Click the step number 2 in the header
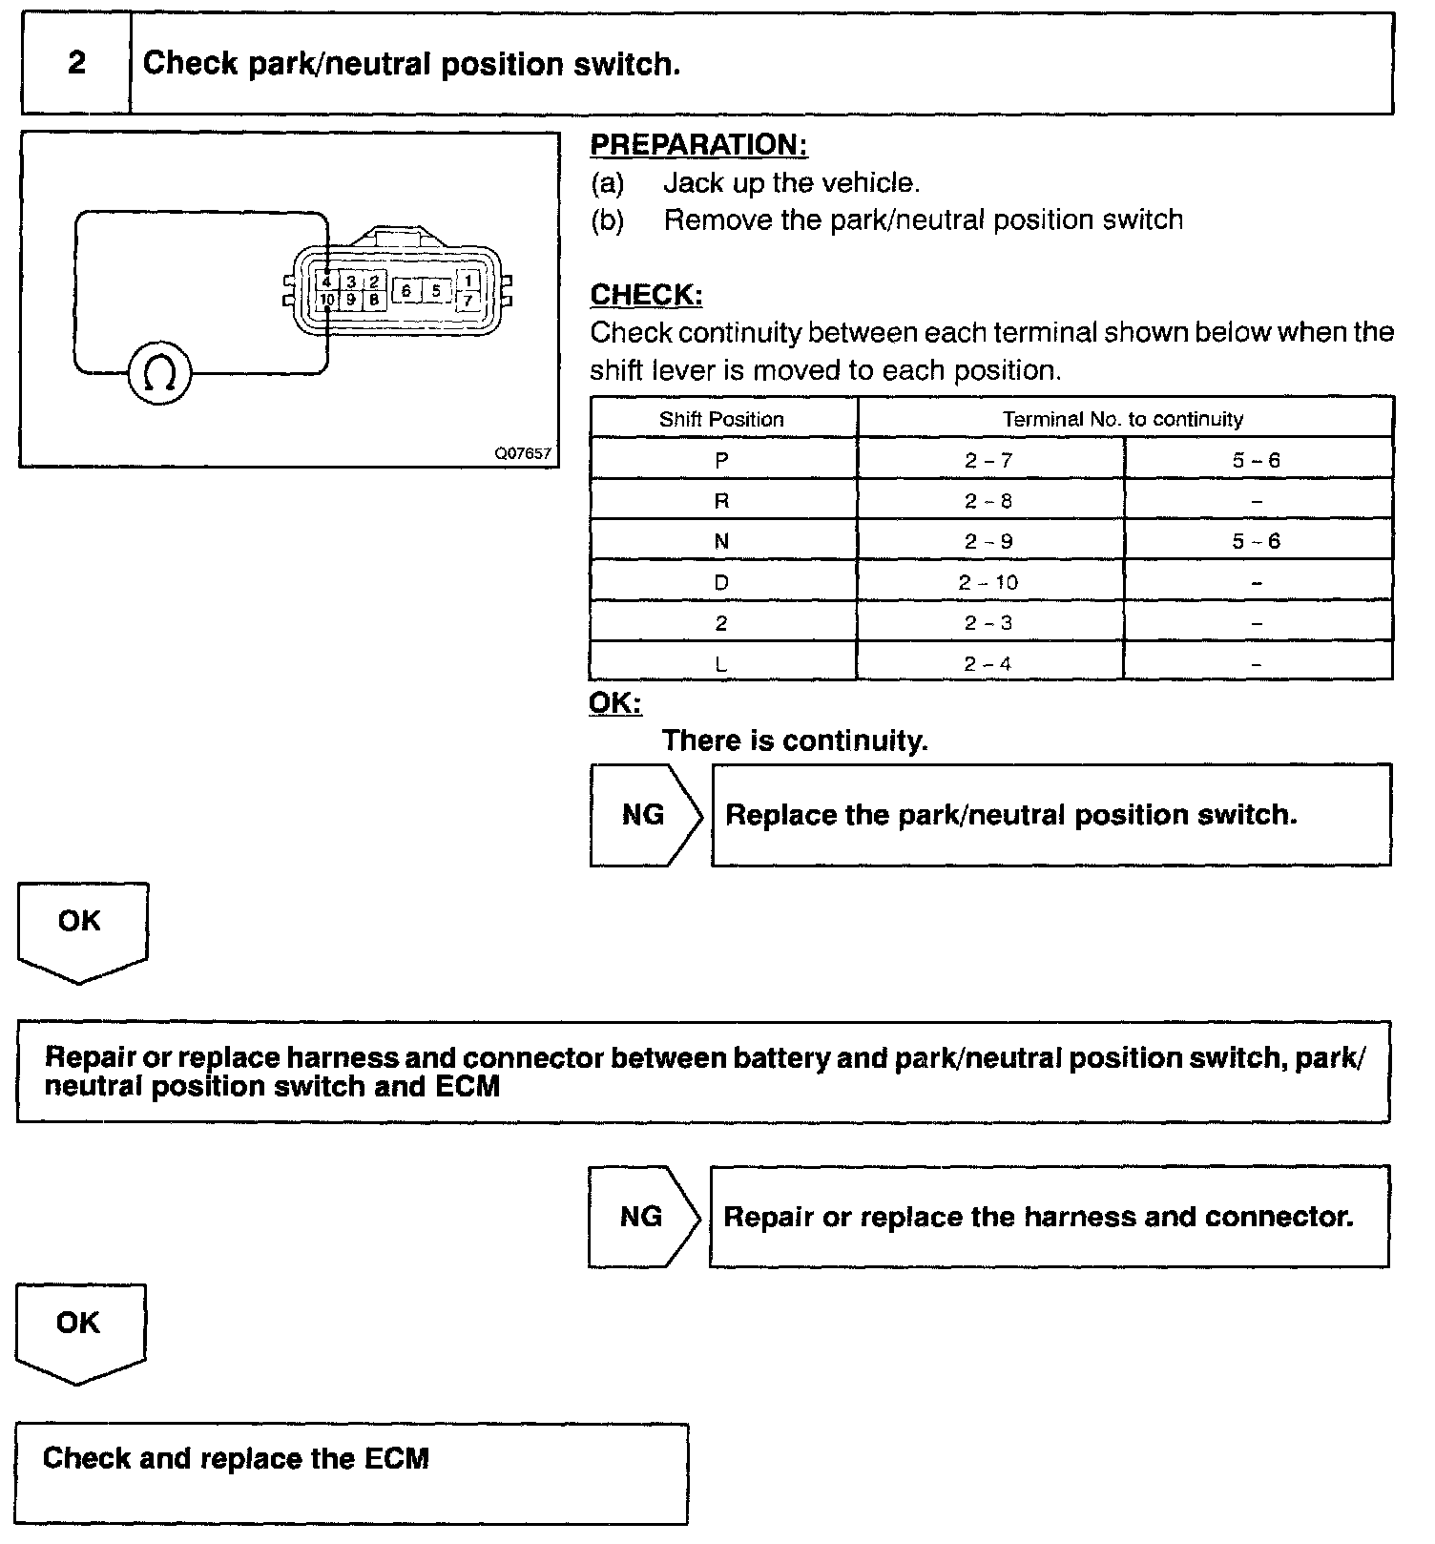coord(76,63)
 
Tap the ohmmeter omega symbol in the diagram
coord(159,373)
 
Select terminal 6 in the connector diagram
coord(406,290)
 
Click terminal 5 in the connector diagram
coord(436,290)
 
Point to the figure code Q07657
coord(522,454)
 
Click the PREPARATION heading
coord(698,145)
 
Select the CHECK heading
coord(646,295)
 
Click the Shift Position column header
coord(721,419)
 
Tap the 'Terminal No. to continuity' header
coord(1122,419)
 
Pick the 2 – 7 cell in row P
coord(988,460)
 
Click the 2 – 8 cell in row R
coord(988,501)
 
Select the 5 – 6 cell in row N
coord(1256,541)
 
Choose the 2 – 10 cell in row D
coord(988,582)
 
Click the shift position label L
coord(721,664)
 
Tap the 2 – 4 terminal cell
coord(988,664)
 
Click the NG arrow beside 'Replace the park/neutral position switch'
coord(645,815)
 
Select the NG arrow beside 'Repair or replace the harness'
coord(643,1217)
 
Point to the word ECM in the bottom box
coord(397,1458)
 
